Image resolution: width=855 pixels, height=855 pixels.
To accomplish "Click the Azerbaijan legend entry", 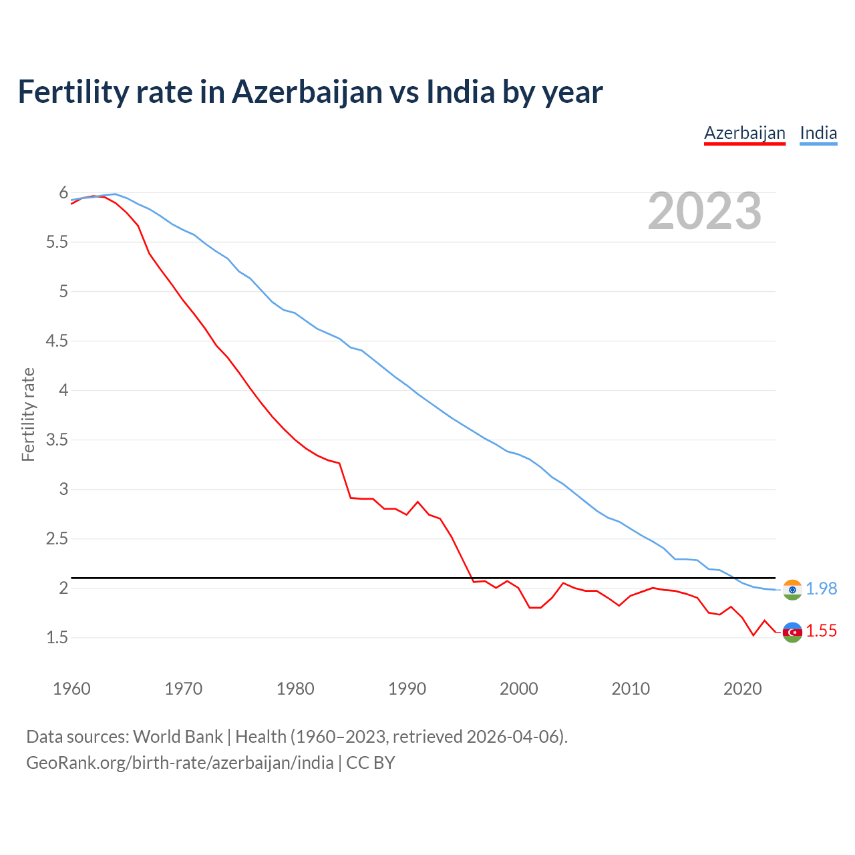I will [744, 133].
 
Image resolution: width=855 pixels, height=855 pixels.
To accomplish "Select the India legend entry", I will [818, 133].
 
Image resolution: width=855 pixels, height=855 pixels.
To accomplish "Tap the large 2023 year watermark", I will [705, 211].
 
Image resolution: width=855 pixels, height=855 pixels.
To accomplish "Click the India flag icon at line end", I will [792, 589].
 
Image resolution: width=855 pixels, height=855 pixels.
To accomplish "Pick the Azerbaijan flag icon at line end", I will [792, 632].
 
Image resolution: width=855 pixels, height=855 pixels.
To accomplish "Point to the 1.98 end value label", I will [821, 588].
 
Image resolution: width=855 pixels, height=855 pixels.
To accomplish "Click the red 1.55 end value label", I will [821, 631].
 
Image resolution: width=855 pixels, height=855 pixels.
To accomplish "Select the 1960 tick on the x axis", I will [71, 689].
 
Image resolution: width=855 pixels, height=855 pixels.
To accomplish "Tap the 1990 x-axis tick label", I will [407, 689].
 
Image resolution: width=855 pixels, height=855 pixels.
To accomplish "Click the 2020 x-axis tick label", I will [742, 689].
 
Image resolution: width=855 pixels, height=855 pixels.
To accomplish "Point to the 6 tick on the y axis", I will [63, 193].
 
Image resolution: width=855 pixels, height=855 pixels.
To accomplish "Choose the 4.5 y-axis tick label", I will [57, 341].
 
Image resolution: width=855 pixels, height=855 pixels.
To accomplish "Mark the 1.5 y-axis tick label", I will [57, 638].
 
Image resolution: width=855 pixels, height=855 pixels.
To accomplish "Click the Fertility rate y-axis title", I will [28, 414].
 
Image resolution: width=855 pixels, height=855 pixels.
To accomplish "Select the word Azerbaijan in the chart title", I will [307, 92].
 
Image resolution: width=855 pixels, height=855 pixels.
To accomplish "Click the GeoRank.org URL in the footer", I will [180, 763].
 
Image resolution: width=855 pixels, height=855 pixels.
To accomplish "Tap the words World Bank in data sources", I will [178, 737].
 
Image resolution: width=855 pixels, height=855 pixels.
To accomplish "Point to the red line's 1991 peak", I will [418, 502].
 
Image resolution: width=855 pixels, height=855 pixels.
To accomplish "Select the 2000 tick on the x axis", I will [518, 689].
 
